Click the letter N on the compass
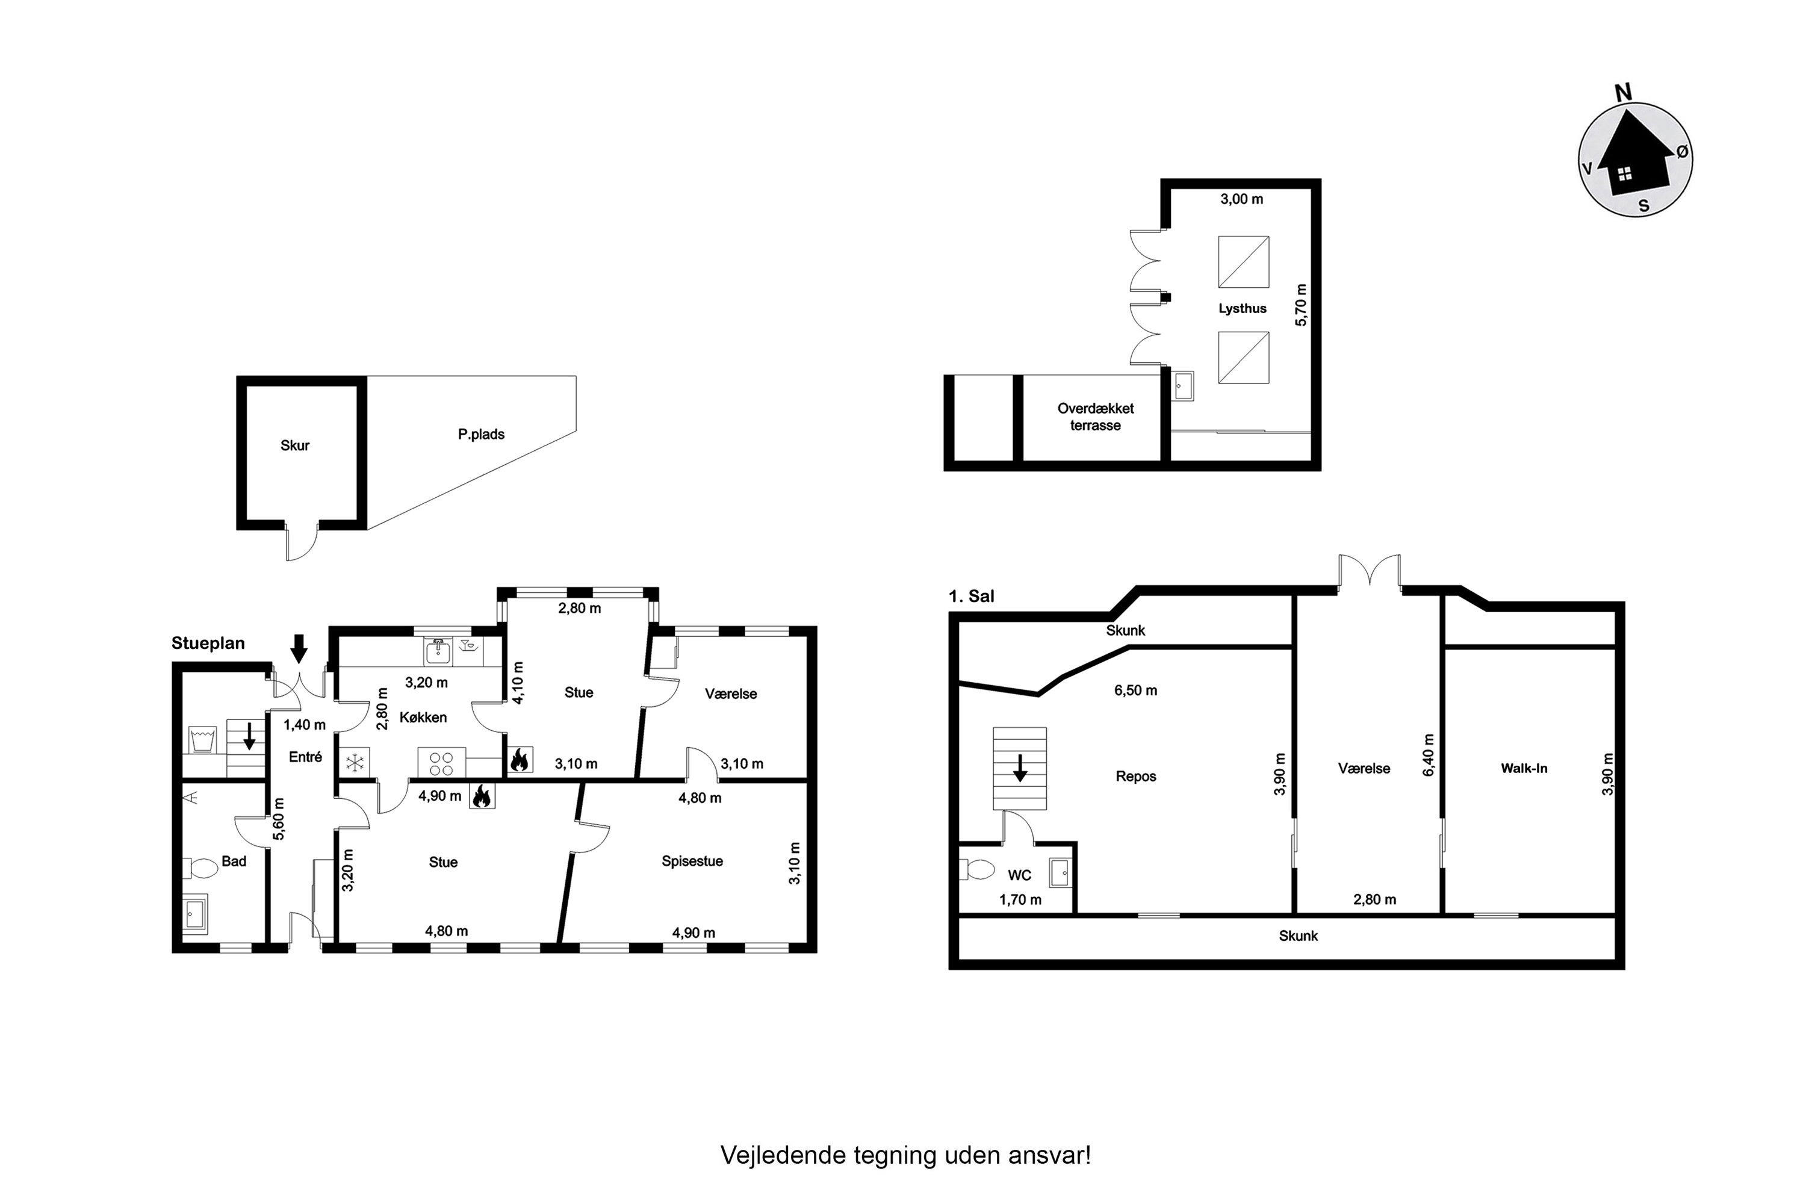1623,93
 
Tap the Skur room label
295,445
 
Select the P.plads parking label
482,434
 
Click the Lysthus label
1243,309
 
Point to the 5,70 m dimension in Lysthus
1301,305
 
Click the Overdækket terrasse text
1095,417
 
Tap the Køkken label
423,717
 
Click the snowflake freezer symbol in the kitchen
355,763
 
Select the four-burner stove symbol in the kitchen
441,763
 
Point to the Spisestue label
693,861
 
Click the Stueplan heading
208,644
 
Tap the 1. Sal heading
972,596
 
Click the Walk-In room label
1524,768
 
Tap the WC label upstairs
1020,875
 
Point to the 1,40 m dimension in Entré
305,725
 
